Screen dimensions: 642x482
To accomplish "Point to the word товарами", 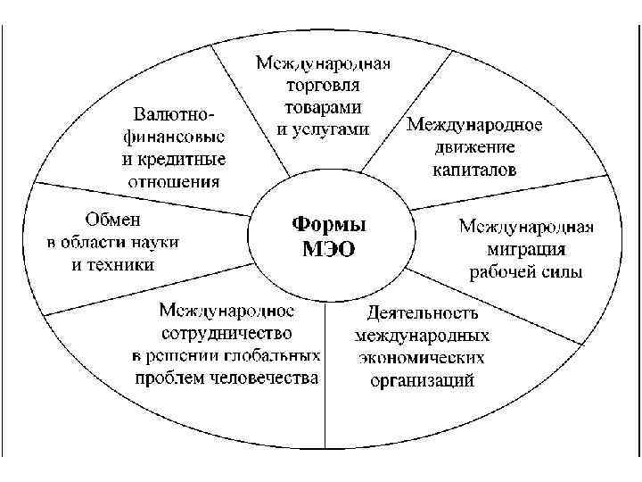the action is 324,107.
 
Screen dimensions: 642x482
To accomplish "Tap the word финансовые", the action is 173,138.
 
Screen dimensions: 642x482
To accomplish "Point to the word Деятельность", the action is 423,313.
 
